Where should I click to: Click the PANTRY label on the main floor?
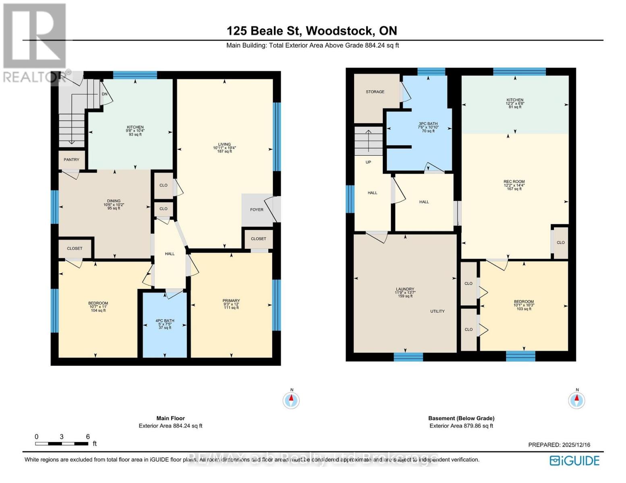tap(72, 160)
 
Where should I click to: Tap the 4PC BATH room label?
tap(165, 321)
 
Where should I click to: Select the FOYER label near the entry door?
tap(257, 210)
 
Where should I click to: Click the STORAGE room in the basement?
tap(375, 92)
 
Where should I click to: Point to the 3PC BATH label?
tap(428, 124)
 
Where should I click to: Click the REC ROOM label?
tap(514, 182)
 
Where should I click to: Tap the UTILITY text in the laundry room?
tap(437, 311)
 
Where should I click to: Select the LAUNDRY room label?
tap(405, 289)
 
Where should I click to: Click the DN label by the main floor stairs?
tap(105, 94)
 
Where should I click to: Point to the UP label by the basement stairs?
tap(368, 162)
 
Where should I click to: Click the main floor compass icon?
tap(291, 400)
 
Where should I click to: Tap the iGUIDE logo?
tap(575, 460)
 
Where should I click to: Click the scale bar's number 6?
tap(88, 437)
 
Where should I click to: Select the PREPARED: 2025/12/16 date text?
tap(559, 445)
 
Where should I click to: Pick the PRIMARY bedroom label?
tap(231, 301)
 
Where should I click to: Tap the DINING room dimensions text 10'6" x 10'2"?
tap(114, 204)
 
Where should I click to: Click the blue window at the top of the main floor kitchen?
tap(135, 75)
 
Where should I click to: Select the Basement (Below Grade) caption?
tap(461, 418)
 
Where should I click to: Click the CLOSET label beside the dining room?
tap(75, 249)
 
